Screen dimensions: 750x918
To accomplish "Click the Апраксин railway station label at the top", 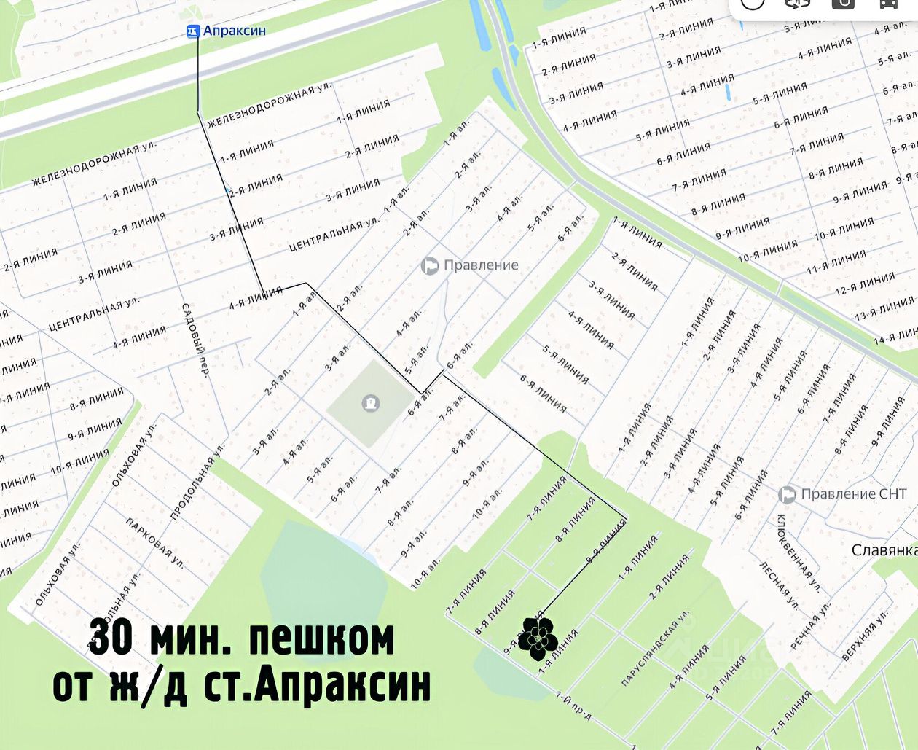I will tap(234, 31).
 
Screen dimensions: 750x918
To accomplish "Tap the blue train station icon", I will tap(192, 31).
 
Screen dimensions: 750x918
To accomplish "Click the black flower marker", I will tap(538, 638).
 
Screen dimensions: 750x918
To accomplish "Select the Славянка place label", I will tap(884, 550).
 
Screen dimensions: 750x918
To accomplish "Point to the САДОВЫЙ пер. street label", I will tap(195, 339).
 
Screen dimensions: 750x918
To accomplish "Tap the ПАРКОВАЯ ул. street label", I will tap(154, 542).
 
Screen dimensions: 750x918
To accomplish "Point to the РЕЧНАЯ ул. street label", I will tap(810, 625).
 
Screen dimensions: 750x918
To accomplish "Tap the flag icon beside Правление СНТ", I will tap(787, 495).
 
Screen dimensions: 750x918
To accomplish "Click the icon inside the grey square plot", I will tap(371, 402).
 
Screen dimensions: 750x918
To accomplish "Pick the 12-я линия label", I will tap(864, 284).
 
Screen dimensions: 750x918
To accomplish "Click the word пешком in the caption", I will tap(321, 639).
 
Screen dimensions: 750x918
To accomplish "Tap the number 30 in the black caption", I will tap(111, 639).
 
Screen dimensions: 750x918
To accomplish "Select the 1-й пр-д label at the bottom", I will tap(573, 705).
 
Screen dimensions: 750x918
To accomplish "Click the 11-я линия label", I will tap(836, 262).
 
